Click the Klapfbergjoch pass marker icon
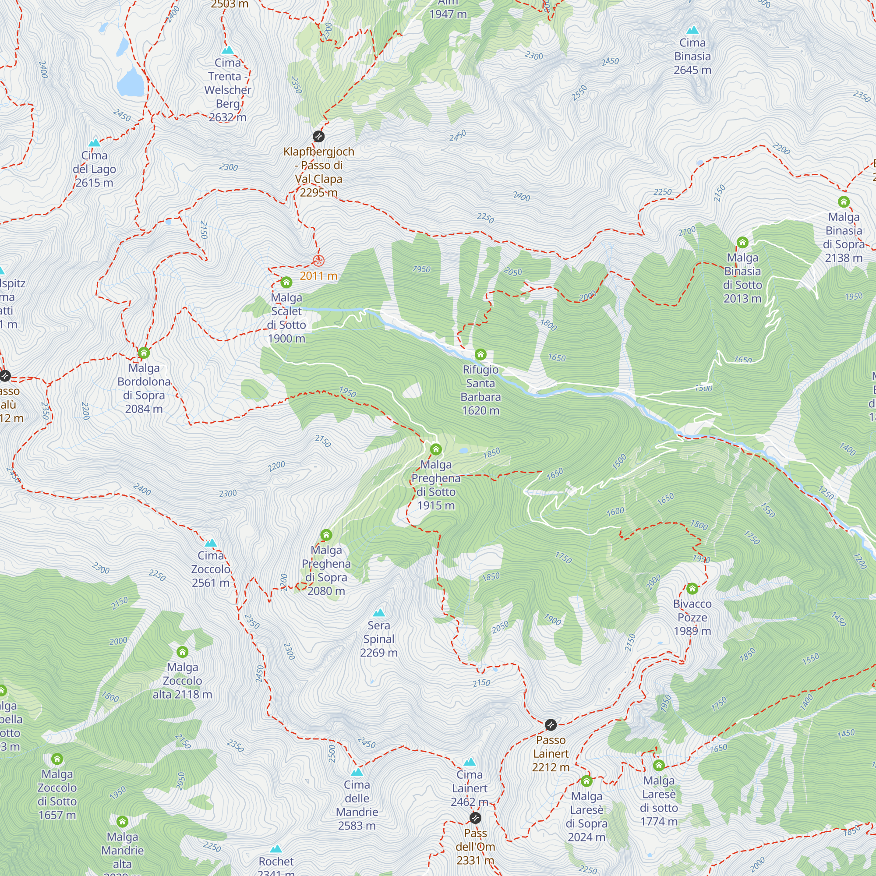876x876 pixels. tap(319, 137)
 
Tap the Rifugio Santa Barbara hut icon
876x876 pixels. tap(480, 355)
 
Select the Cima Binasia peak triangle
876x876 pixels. tap(692, 30)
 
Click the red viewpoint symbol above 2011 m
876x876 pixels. tap(319, 261)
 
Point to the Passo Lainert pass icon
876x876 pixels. tap(551, 724)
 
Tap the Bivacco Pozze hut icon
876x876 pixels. tap(692, 589)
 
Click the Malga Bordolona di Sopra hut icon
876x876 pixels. tap(144, 353)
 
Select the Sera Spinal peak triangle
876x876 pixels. tap(378, 613)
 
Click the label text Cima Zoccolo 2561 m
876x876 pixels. tap(211, 569)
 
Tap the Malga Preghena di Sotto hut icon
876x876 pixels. tap(436, 449)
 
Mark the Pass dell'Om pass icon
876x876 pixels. tap(475, 818)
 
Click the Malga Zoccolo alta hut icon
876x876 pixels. tap(182, 652)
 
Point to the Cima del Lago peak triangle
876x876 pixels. tap(94, 143)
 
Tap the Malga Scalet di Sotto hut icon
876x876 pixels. tap(286, 283)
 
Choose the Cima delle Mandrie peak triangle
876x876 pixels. tap(357, 772)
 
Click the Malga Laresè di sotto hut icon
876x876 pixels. tap(659, 765)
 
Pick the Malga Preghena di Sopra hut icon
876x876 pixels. tap(326, 535)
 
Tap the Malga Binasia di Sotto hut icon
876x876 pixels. tap(742, 243)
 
